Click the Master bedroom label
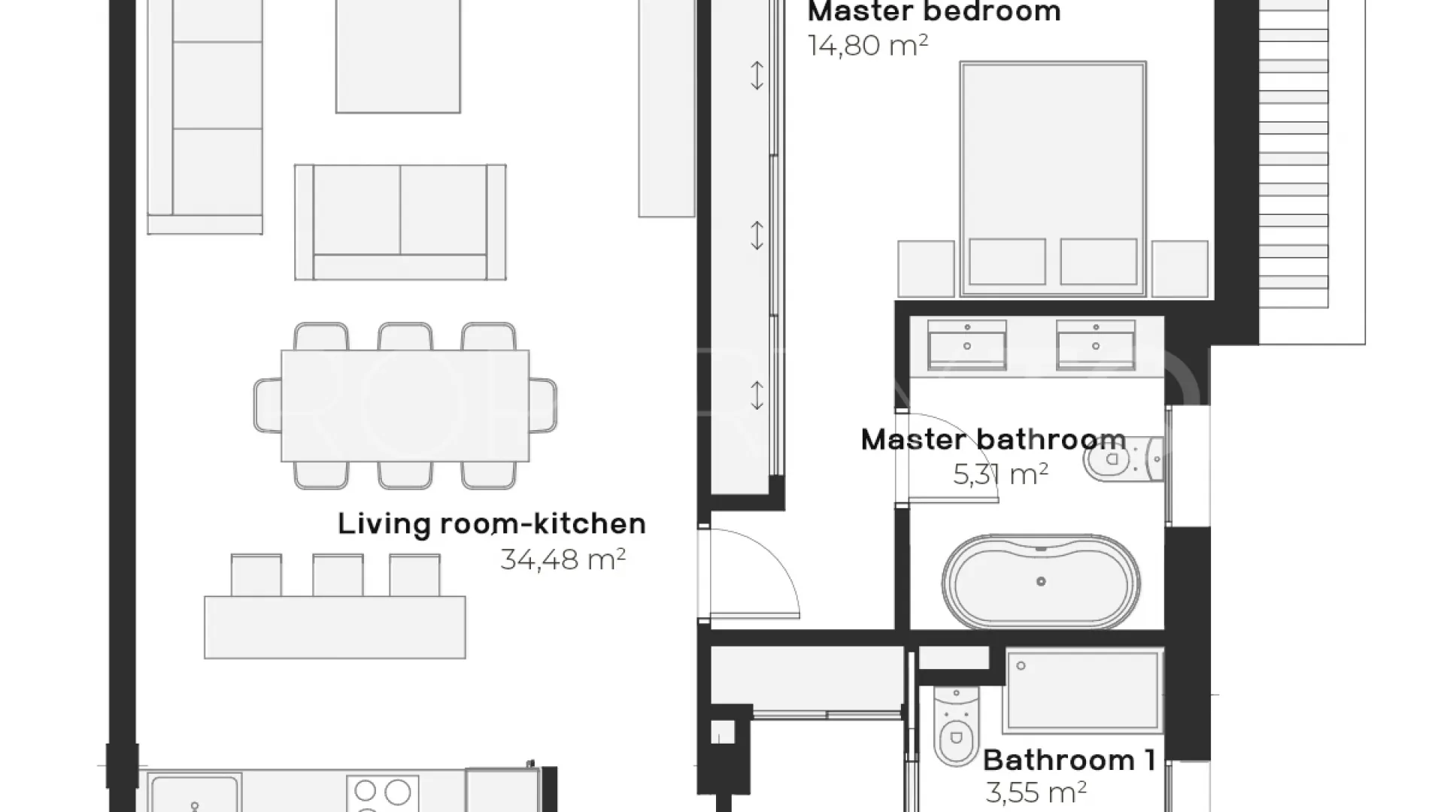tap(933, 12)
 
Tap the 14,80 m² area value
tap(868, 45)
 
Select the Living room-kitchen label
tap(492, 523)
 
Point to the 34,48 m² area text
tap(563, 559)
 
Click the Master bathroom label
tap(994, 439)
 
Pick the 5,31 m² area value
tap(1000, 474)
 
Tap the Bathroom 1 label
tap(1069, 760)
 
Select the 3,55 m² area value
tap(1036, 792)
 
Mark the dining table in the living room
tap(405, 405)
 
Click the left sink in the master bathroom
tap(967, 345)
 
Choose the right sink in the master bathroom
tap(1096, 345)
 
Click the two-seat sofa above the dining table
tap(400, 222)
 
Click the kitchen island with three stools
tap(335, 627)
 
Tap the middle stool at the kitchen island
tap(338, 575)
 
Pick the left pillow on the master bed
tap(1007, 262)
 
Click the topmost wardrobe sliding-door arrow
tap(757, 75)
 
